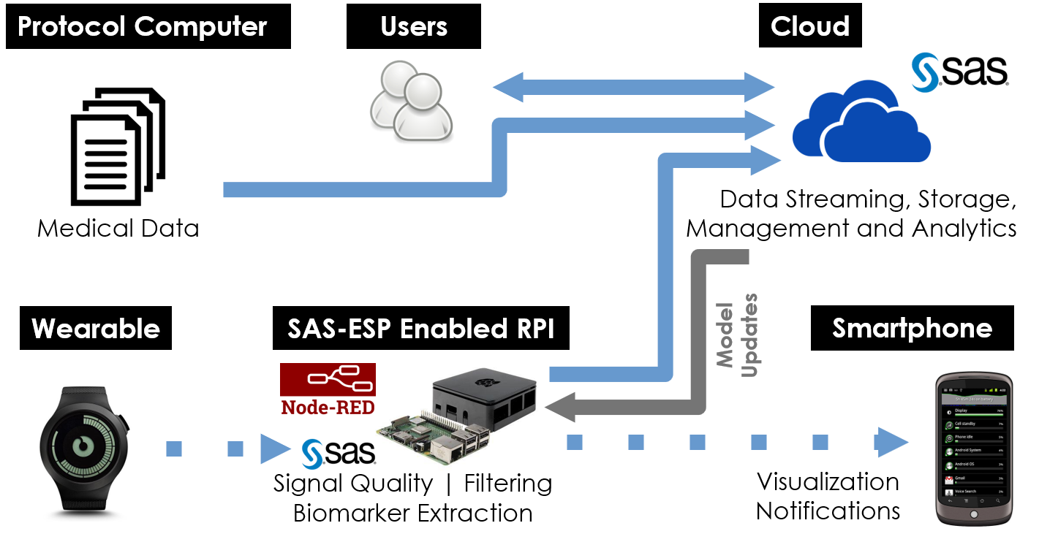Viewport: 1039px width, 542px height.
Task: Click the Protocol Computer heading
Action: [x=142, y=28]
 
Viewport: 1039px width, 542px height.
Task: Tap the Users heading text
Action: [x=414, y=28]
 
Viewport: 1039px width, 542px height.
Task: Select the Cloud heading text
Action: [x=809, y=28]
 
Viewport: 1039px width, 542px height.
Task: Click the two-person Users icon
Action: [x=410, y=100]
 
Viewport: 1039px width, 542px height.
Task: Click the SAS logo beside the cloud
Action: [x=924, y=72]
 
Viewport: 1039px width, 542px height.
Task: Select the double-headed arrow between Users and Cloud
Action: [x=633, y=88]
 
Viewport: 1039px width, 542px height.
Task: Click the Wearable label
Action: [x=96, y=329]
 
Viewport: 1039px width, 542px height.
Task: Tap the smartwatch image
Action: [x=83, y=449]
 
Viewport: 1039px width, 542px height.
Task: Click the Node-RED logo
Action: [x=328, y=389]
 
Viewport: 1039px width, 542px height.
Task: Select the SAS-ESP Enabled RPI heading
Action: [x=421, y=329]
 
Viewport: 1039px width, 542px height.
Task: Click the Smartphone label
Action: [x=912, y=329]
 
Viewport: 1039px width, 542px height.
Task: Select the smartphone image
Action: [x=974, y=448]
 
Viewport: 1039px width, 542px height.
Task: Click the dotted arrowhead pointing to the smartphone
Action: [x=891, y=443]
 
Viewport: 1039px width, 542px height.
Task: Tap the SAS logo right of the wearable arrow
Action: [x=312, y=454]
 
